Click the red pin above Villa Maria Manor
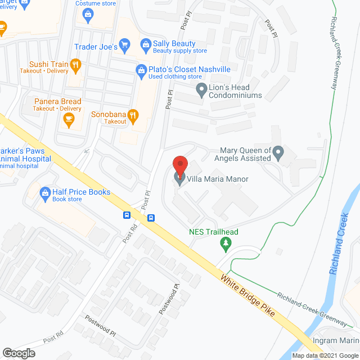[179, 165]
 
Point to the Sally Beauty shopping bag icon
[145, 44]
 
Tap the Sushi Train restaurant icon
[75, 65]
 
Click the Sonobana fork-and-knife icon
[133, 117]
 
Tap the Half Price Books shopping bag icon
[44, 192]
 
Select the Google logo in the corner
[18, 353]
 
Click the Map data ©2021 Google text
[325, 355]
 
